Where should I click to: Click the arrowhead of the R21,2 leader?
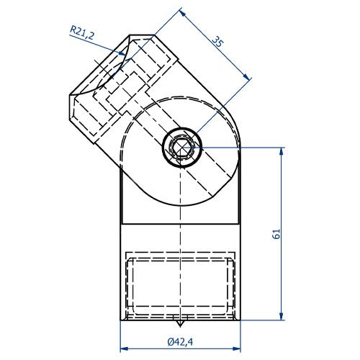[124, 53]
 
